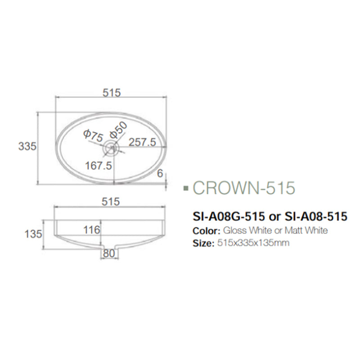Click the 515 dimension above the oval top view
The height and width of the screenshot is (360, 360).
112,93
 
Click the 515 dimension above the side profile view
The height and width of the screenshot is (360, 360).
111,202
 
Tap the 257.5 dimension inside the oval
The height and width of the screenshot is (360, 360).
142,142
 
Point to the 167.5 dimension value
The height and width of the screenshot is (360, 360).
98,166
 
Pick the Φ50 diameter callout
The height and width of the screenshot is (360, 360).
119,130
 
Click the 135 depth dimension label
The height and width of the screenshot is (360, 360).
34,234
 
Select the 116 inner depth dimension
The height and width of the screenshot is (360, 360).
92,230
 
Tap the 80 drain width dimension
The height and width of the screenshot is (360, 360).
108,253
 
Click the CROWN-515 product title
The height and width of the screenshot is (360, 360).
243,187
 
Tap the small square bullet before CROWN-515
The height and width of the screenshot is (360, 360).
187,188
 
